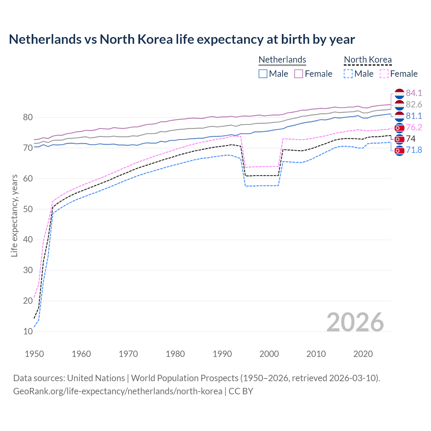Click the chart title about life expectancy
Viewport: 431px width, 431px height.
[182, 39]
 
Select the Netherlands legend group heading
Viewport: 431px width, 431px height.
[282, 60]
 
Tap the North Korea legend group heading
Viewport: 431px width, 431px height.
[368, 60]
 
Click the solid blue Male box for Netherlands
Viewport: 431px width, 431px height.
[263, 74]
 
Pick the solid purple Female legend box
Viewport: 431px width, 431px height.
[299, 74]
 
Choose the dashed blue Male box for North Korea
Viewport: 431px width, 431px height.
[349, 74]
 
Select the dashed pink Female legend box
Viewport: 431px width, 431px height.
[384, 74]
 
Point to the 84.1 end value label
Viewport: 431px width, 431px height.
[414, 93]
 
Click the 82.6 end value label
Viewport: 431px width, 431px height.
[414, 104]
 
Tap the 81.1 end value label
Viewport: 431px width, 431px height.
[414, 116]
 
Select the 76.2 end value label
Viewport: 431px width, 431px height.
[414, 127]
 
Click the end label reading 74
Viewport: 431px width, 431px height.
[411, 139]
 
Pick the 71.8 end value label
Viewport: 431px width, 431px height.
[414, 150]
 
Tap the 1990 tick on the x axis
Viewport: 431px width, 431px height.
[222, 354]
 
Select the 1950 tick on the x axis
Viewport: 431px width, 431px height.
[34, 354]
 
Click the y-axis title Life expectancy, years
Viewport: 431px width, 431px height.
[14, 215]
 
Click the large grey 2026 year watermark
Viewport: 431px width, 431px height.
[355, 322]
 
